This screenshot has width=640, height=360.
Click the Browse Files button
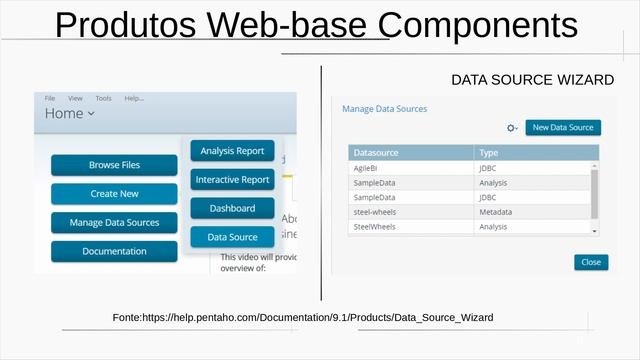[x=114, y=165]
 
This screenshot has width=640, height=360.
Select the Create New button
[x=114, y=194]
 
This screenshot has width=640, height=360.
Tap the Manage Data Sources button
[x=114, y=223]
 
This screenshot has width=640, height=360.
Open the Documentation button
[x=114, y=251]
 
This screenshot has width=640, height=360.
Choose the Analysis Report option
[x=232, y=151]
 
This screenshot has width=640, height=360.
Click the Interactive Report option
[x=232, y=180]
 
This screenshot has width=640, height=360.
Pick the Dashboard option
[x=232, y=209]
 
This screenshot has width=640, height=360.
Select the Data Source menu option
[x=232, y=237]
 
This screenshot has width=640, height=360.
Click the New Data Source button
[x=563, y=128]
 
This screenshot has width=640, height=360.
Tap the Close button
[x=591, y=262]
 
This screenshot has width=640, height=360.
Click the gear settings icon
[x=511, y=128]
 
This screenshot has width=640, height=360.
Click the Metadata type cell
[x=496, y=212]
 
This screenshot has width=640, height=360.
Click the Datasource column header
[x=376, y=153]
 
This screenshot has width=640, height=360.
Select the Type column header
[x=489, y=153]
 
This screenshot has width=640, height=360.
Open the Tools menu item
[x=103, y=98]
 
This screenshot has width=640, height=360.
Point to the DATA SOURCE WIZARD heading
[x=532, y=79]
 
